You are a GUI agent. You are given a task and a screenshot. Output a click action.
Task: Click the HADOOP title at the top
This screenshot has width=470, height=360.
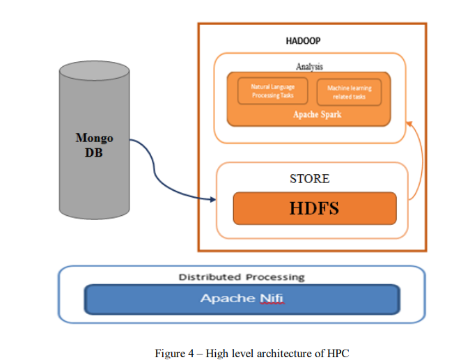(x=303, y=42)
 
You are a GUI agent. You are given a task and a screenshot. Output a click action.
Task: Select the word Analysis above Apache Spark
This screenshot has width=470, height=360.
(x=309, y=67)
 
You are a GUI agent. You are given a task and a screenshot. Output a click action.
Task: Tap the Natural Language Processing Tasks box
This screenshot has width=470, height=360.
(x=272, y=91)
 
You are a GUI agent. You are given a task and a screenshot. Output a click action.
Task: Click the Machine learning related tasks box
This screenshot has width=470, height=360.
(x=350, y=92)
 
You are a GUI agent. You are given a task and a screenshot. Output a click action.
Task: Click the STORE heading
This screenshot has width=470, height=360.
(x=309, y=179)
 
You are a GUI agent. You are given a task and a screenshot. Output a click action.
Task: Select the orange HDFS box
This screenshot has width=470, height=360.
(x=314, y=208)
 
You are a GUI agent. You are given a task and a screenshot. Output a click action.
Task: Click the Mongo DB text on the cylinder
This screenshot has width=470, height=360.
(x=93, y=146)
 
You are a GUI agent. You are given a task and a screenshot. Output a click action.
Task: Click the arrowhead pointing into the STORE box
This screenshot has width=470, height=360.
(x=212, y=201)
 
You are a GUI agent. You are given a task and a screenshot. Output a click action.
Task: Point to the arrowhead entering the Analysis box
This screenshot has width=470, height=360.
(x=409, y=123)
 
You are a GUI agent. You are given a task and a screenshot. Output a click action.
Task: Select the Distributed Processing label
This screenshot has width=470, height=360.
(x=242, y=277)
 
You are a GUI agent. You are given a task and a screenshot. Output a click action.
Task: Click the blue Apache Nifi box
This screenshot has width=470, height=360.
(x=242, y=299)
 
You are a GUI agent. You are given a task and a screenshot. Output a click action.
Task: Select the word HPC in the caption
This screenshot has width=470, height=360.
(x=337, y=353)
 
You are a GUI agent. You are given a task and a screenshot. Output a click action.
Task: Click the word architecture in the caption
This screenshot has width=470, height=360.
(x=284, y=353)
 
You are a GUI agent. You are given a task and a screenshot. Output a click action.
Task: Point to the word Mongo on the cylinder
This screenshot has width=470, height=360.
(x=93, y=139)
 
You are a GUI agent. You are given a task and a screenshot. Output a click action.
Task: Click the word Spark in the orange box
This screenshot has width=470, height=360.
(x=330, y=114)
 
